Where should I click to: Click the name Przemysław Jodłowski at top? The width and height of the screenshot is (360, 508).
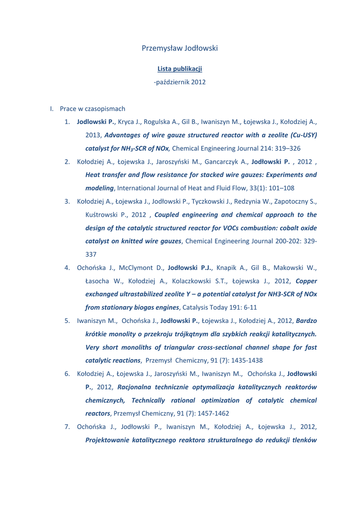click(x=180, y=48)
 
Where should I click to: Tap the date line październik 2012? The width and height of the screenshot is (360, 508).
click(x=180, y=82)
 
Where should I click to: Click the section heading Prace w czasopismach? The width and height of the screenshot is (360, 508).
click(x=92, y=108)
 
